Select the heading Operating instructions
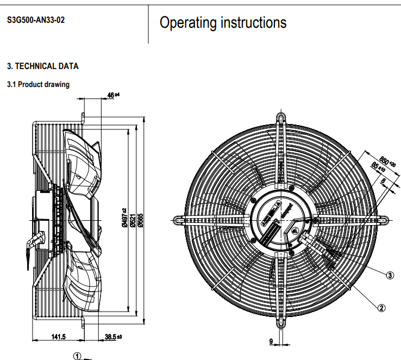coord(223,23)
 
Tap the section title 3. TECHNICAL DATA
coord(42,66)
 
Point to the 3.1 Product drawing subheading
coord(38,84)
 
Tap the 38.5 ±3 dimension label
coord(112,337)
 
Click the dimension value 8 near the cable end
coord(383,181)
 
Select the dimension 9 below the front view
coord(271,342)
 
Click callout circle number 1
coord(77,356)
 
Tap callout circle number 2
coord(381,308)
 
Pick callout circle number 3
coord(390,275)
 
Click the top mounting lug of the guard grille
coord(281,118)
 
